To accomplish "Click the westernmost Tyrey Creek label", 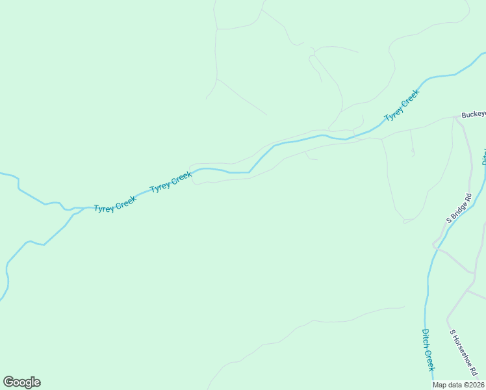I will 115,204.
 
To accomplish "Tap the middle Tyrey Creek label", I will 171,182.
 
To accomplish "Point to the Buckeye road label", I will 473,114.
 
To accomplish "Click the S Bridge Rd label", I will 458,209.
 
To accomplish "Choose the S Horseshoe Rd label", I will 464,352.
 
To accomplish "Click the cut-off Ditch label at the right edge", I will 484,156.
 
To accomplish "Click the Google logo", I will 21,382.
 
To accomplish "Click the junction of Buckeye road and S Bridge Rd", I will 457,118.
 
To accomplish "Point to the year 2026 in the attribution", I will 475,385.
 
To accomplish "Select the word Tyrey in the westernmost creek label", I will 104,208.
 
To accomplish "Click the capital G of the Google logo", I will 8,382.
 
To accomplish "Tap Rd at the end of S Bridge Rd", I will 467,196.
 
